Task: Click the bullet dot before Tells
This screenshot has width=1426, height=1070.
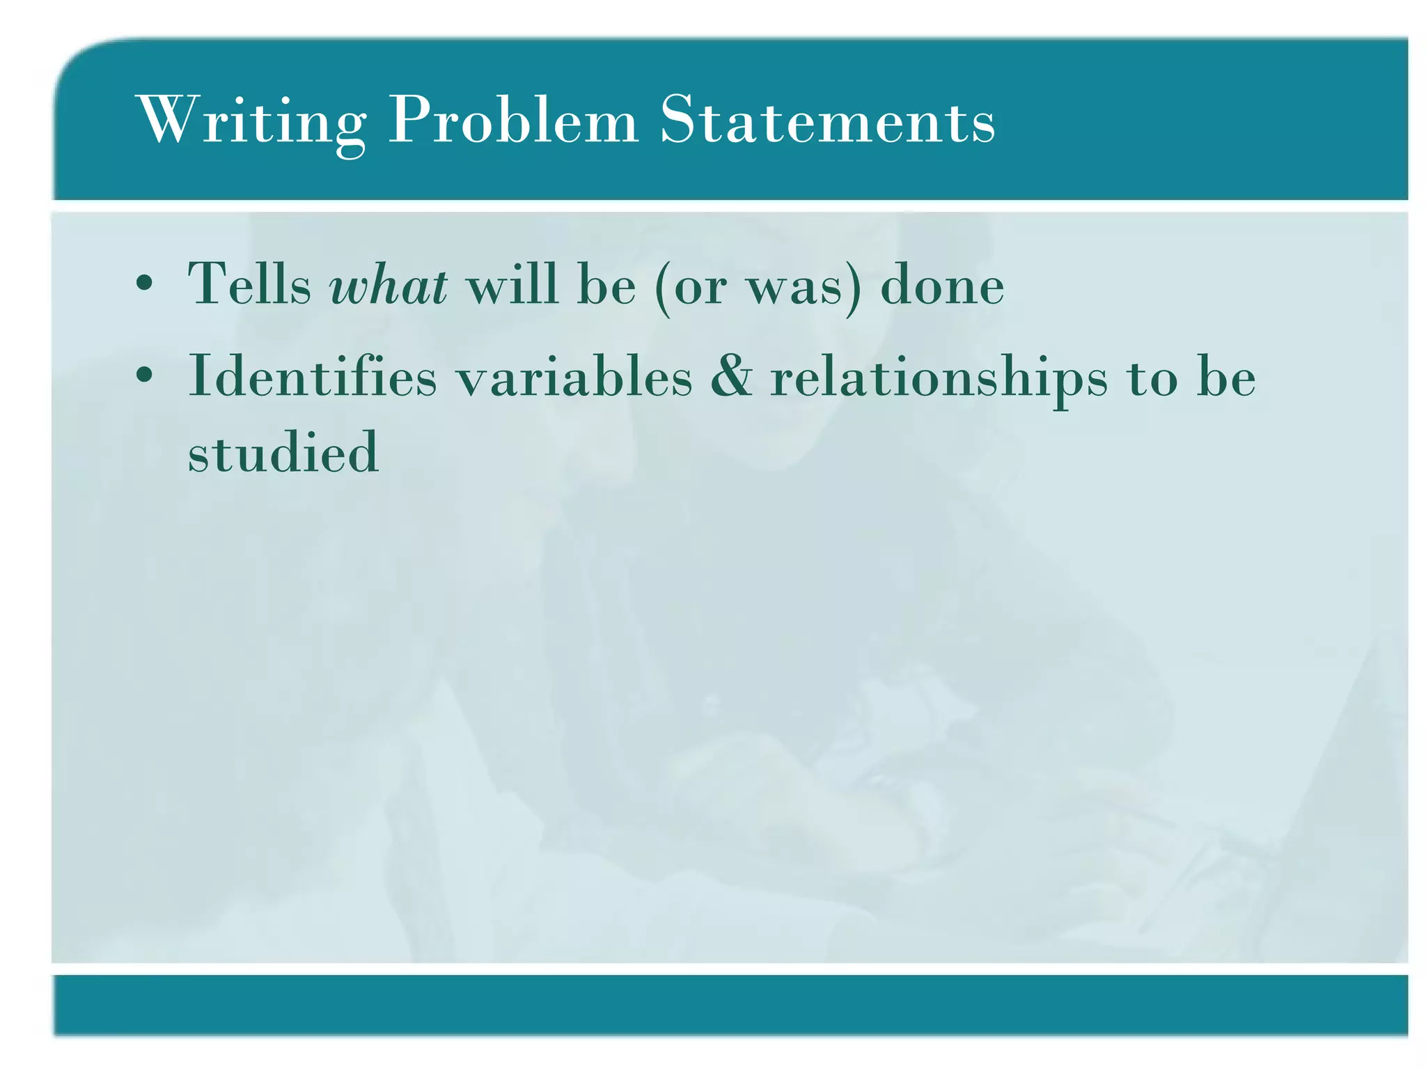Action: pos(144,284)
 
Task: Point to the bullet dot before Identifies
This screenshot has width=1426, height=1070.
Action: pos(144,375)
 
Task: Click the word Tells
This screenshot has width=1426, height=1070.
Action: pos(249,284)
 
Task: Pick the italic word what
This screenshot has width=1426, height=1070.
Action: pos(389,284)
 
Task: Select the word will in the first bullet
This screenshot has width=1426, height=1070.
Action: pos(512,284)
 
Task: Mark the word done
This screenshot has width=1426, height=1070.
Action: pos(942,284)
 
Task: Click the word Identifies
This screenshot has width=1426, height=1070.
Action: pos(313,375)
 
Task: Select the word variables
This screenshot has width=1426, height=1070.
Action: pos(574,375)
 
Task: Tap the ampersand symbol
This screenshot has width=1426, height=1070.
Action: pos(731,375)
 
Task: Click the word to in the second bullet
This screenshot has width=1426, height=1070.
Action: pos(1152,377)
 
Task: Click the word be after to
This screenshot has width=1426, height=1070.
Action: pos(1226,375)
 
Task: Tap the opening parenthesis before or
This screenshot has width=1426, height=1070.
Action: pos(662,286)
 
